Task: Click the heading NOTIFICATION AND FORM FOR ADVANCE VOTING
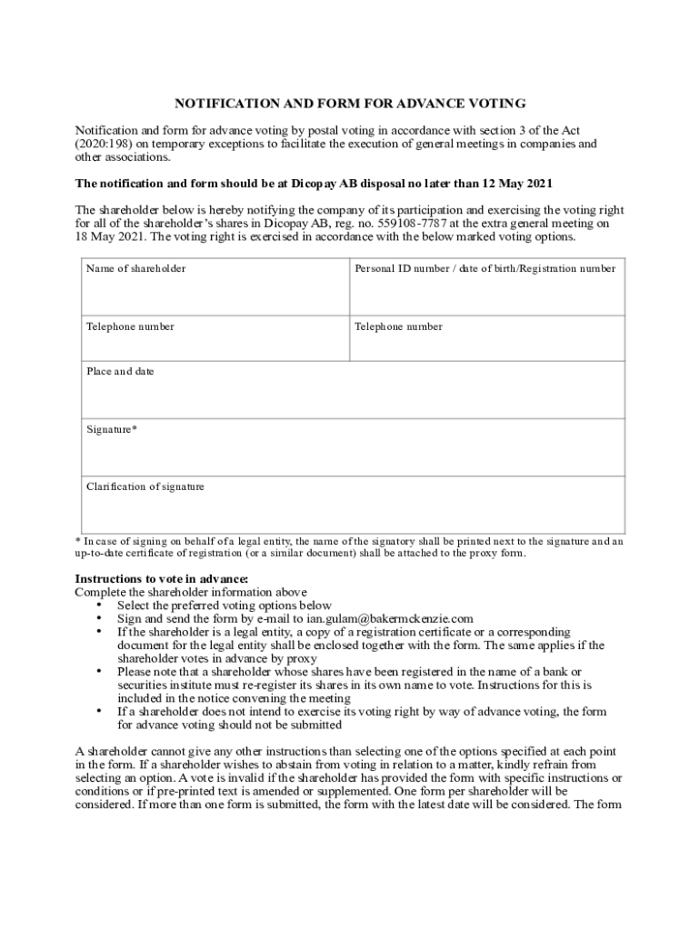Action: (x=350, y=104)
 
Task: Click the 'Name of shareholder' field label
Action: (x=135, y=269)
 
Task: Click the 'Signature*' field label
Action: (x=112, y=429)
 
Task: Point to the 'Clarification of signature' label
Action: (x=145, y=487)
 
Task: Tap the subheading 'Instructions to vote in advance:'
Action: (x=161, y=579)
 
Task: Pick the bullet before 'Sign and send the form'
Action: (x=98, y=618)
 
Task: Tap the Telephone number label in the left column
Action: (x=130, y=326)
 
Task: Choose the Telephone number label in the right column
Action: (x=398, y=326)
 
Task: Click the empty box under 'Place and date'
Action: (x=350, y=397)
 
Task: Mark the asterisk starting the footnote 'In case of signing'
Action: (x=77, y=541)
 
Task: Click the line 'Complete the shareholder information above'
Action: (x=191, y=593)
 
